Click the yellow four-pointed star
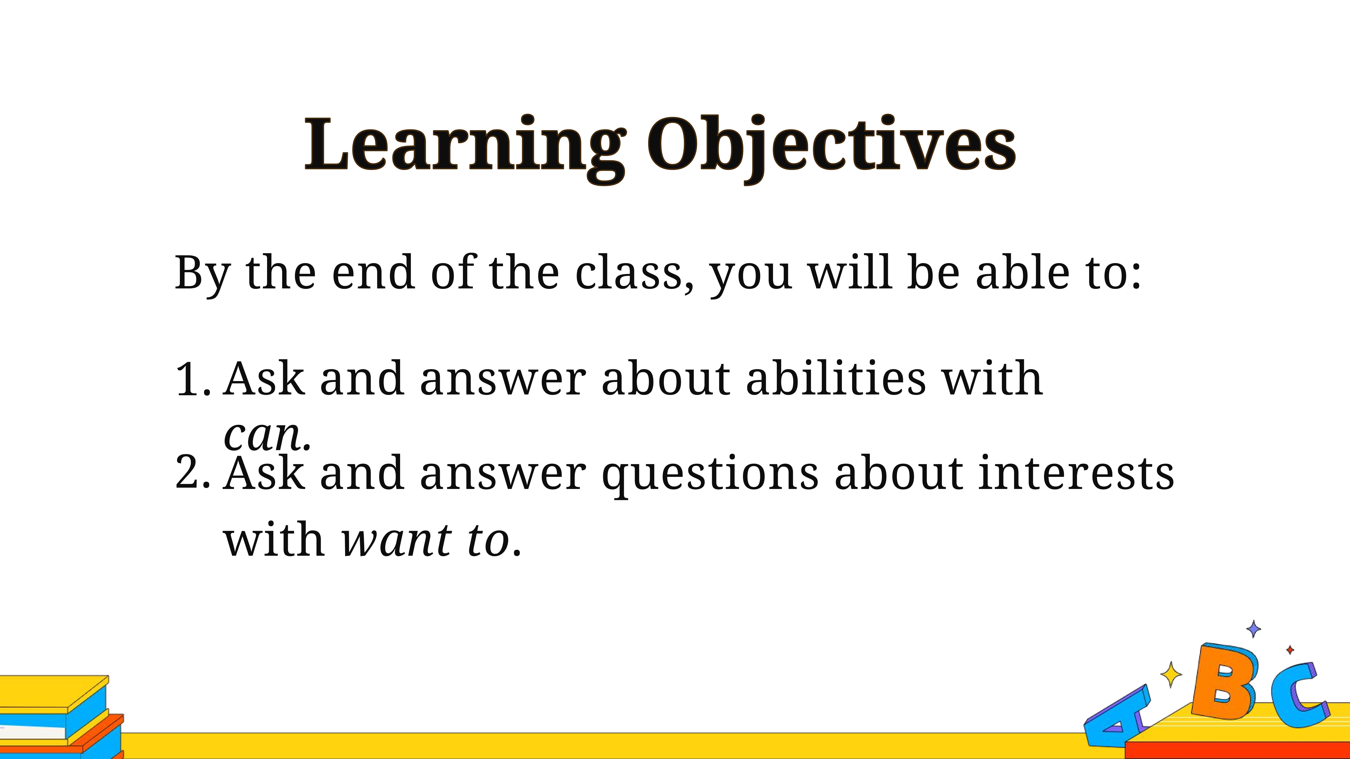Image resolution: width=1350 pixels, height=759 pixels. click(1171, 674)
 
